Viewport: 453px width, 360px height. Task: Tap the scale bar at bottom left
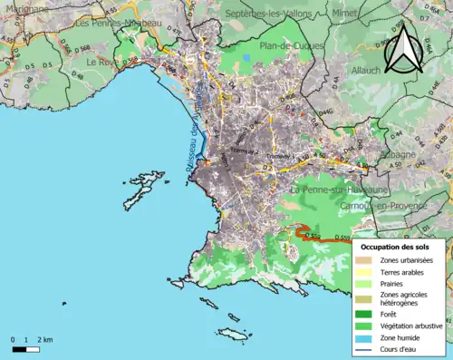pos(26,348)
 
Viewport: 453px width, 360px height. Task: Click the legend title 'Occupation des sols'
pos(397,247)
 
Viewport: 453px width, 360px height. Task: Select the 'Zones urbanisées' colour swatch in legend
pos(362,260)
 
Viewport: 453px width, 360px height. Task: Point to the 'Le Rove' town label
pos(104,62)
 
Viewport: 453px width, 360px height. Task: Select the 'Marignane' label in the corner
pos(25,7)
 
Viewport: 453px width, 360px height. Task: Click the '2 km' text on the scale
pos(46,340)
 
